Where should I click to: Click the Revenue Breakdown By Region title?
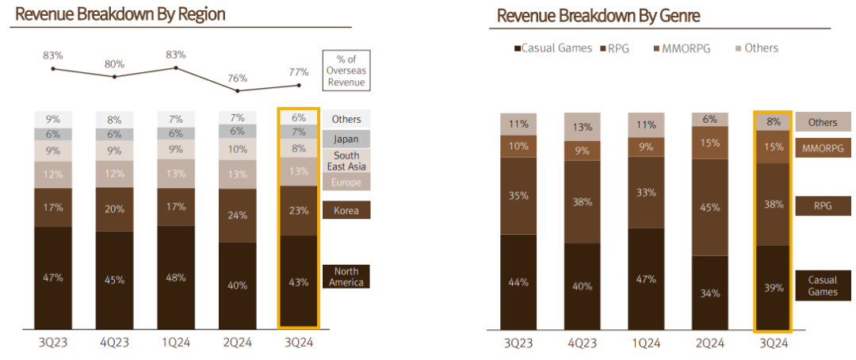click(x=120, y=14)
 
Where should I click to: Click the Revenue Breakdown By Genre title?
click(x=598, y=16)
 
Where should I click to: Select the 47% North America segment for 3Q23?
click(x=52, y=278)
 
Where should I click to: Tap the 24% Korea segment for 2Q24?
click(x=237, y=214)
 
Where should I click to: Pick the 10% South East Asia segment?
click(x=237, y=149)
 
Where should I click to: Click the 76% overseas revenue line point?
click(x=238, y=91)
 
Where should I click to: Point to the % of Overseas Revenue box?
click(x=346, y=70)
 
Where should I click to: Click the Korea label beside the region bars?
click(x=346, y=210)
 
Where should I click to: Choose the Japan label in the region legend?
click(x=346, y=138)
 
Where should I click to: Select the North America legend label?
click(x=346, y=277)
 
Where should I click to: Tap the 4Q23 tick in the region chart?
click(x=114, y=343)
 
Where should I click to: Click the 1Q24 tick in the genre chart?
click(x=647, y=343)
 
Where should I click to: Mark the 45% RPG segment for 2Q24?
click(x=709, y=208)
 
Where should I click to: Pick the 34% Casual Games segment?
click(x=709, y=293)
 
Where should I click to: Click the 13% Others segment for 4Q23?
click(x=583, y=127)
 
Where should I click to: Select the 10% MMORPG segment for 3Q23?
click(x=520, y=146)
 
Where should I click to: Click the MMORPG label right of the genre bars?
click(x=823, y=148)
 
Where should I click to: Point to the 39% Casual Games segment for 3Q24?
click(x=773, y=288)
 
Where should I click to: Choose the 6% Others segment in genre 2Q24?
click(x=709, y=119)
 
